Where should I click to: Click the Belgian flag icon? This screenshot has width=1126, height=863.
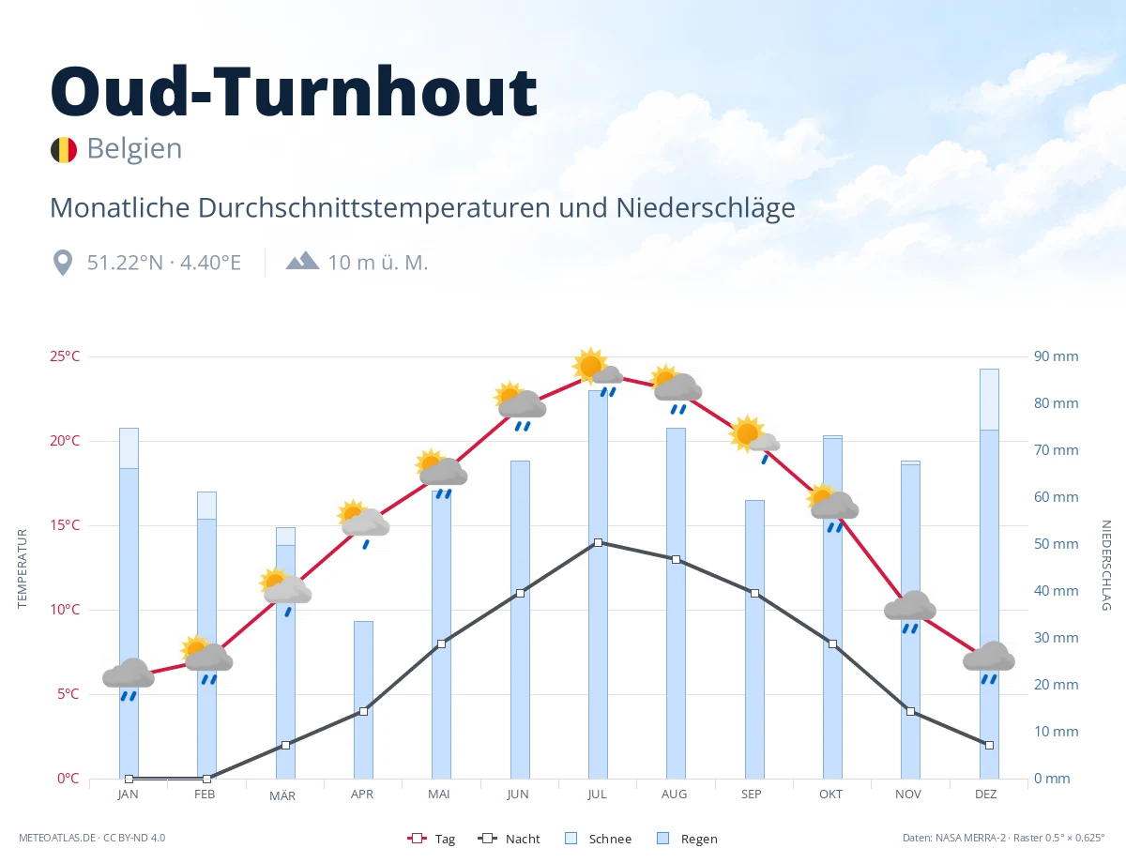(x=64, y=150)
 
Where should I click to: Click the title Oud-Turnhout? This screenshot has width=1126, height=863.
(x=294, y=91)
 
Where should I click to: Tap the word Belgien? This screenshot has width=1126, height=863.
(x=134, y=149)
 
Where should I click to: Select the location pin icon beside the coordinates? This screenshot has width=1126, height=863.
(x=63, y=264)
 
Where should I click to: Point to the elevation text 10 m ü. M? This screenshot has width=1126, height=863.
(x=378, y=264)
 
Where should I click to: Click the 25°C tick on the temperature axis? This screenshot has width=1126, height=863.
(x=65, y=356)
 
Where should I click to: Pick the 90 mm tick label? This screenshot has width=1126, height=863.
(x=1056, y=356)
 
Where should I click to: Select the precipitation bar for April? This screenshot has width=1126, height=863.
(x=363, y=700)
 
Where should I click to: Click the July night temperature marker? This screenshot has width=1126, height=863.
(x=598, y=542)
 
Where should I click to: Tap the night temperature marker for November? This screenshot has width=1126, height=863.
(x=910, y=711)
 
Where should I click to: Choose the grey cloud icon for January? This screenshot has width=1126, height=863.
(x=129, y=673)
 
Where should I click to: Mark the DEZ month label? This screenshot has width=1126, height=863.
(x=985, y=795)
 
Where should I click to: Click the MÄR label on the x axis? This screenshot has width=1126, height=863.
(x=282, y=795)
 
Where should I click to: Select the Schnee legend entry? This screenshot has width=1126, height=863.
(x=598, y=839)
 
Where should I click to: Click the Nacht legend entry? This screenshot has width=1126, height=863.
(x=509, y=839)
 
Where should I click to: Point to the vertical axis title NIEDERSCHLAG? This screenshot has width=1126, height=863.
(x=1105, y=565)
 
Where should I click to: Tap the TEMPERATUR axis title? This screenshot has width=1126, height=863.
(x=22, y=568)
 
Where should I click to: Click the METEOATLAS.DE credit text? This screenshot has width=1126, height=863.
(x=57, y=838)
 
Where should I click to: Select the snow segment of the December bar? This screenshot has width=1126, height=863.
(x=989, y=400)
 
